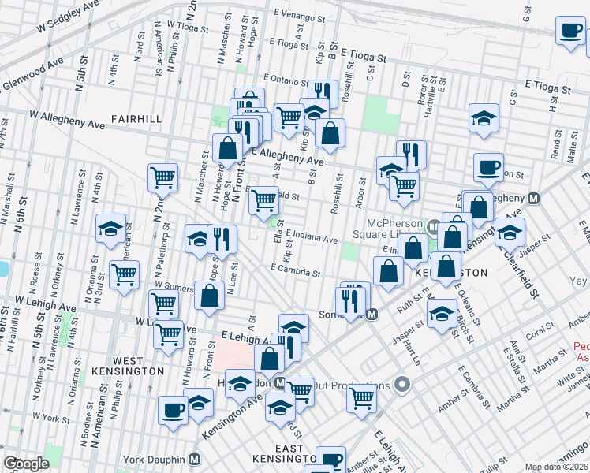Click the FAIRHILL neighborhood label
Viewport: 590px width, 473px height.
tap(136, 119)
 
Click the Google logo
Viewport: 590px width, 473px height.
tap(26, 464)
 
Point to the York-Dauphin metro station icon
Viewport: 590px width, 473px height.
tap(194, 460)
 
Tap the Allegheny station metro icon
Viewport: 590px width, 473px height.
tap(534, 199)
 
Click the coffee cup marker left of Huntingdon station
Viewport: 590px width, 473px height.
tap(174, 409)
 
